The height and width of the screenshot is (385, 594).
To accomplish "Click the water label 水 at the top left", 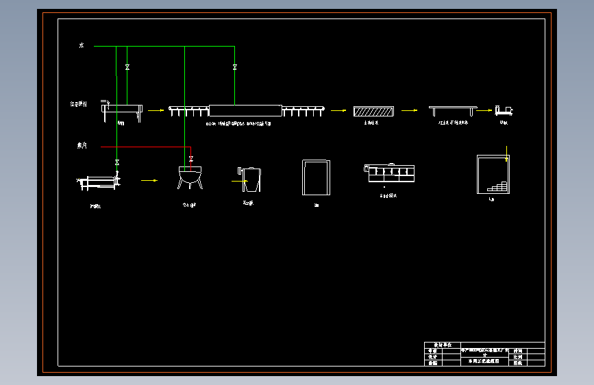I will (x=81, y=46).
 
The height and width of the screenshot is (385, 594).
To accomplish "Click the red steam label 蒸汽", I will (x=82, y=146).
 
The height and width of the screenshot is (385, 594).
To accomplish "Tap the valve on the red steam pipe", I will (x=190, y=159).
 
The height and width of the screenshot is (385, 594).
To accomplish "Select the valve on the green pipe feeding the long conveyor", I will (x=234, y=67).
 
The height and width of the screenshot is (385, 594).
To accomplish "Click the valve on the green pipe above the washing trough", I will (x=127, y=67).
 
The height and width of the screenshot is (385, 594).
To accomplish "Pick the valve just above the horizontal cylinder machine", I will (x=117, y=162).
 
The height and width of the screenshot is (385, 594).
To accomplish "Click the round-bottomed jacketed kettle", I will (x=190, y=177).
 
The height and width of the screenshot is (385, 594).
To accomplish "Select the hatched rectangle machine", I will (x=373, y=110).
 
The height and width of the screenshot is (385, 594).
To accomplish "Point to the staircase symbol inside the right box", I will (x=498, y=186).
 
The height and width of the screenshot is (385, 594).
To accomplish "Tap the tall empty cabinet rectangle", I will (x=317, y=177).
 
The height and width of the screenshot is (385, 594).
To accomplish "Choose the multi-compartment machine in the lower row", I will (x=390, y=173).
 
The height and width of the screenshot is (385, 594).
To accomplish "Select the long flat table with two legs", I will (x=452, y=109).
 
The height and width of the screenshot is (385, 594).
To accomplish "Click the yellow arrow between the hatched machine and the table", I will (x=410, y=110).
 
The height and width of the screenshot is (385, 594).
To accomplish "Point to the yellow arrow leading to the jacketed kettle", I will (x=149, y=181).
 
